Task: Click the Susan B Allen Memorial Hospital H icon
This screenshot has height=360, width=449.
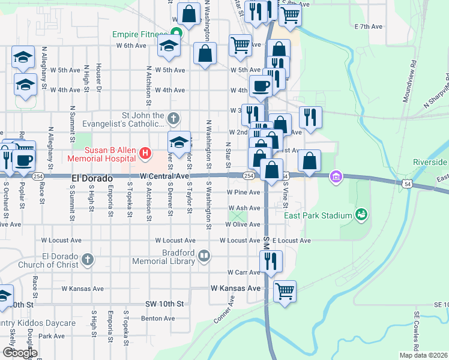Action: tap(145, 154)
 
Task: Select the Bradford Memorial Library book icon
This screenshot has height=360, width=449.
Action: tap(204, 257)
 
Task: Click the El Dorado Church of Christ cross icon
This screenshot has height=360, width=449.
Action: tap(88, 259)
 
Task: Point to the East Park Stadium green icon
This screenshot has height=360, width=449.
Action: tap(361, 214)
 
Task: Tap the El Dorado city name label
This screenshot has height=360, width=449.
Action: tap(92, 178)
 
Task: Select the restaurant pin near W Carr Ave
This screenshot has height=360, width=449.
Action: tap(271, 262)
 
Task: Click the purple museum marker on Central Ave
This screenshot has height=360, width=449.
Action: tap(336, 176)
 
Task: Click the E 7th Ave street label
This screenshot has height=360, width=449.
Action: tap(369, 26)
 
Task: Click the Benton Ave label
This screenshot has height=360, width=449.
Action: tap(158, 318)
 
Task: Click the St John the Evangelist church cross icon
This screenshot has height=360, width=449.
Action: tap(173, 117)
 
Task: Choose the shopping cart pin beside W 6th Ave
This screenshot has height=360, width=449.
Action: tap(240, 44)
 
